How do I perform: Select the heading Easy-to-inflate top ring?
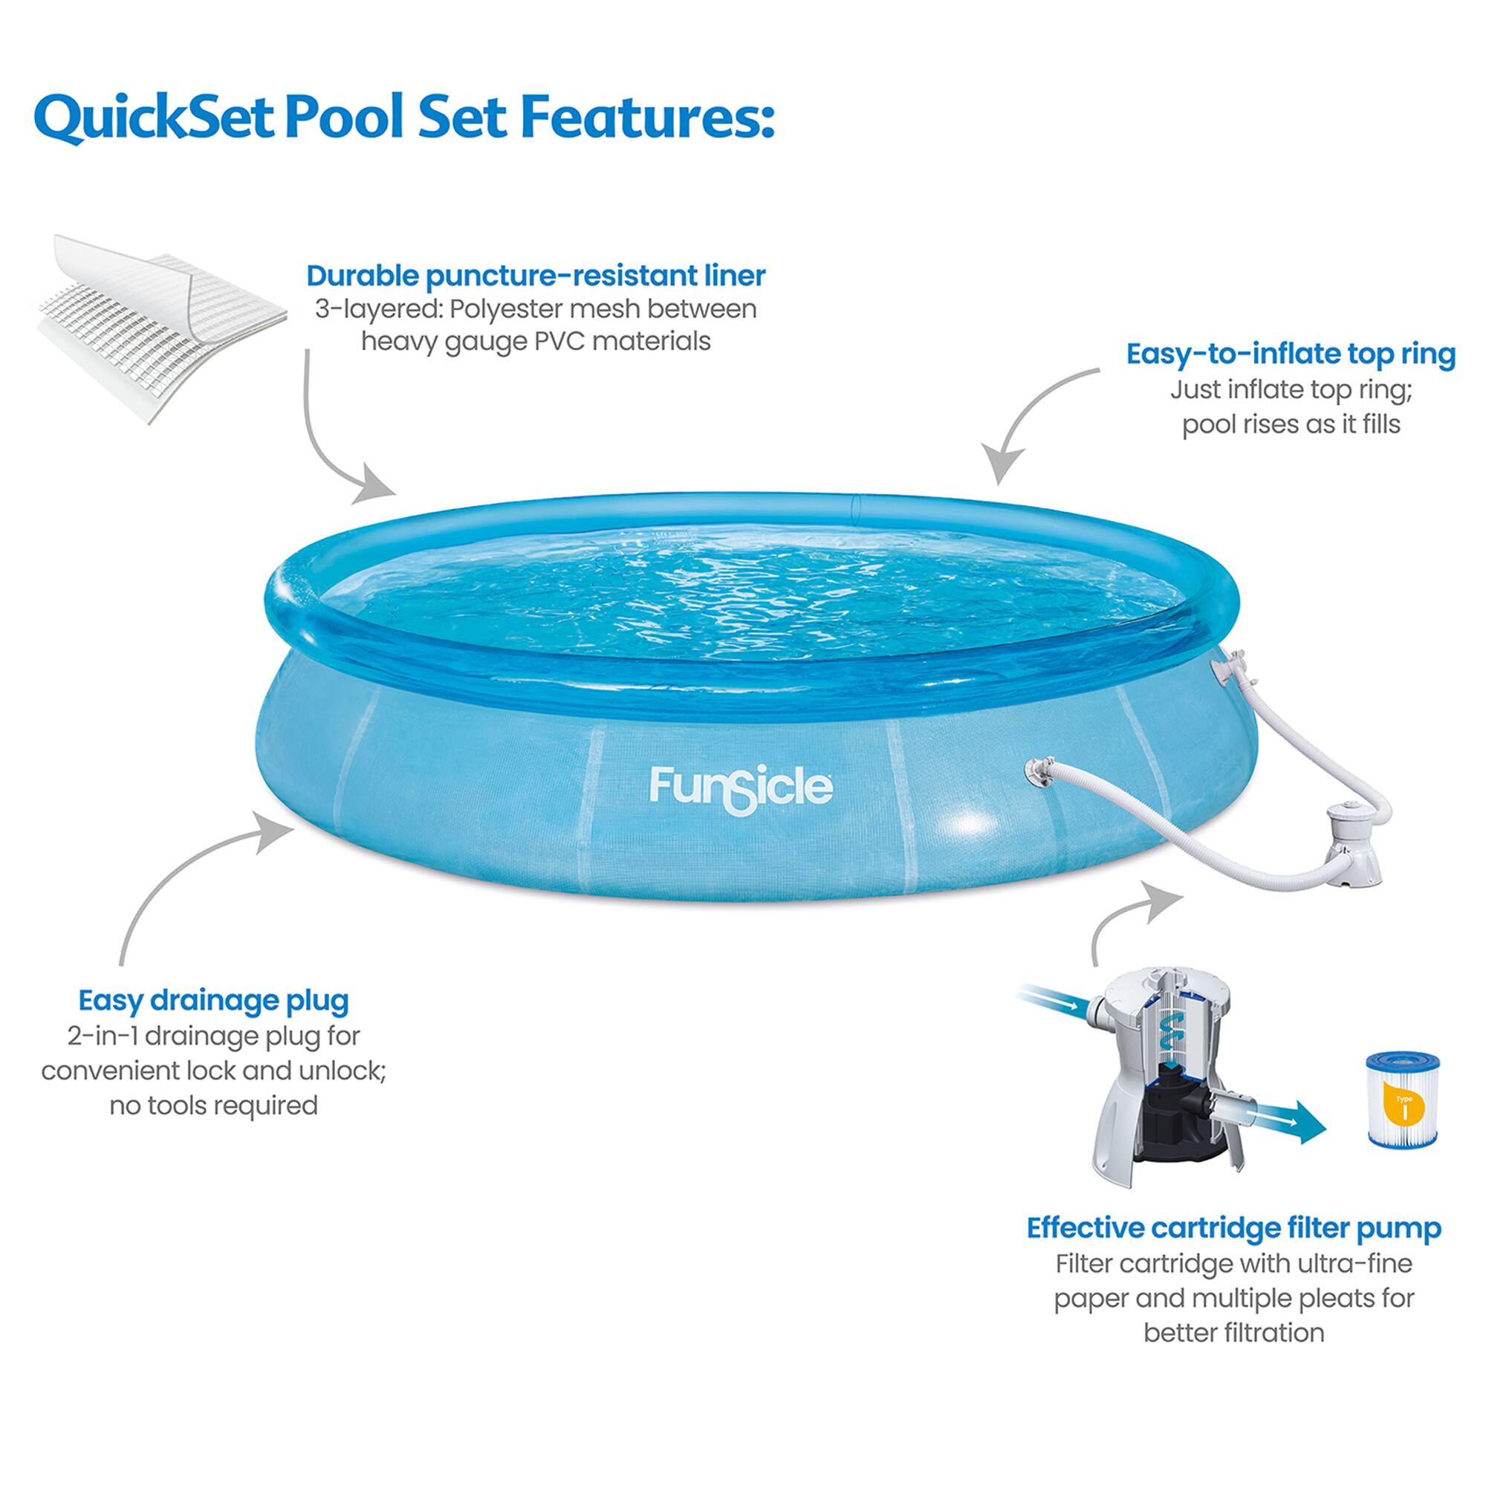(x=1291, y=354)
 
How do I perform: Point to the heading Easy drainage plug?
(x=214, y=1000)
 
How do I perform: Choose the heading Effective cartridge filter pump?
(x=1233, y=1228)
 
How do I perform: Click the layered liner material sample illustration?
(x=160, y=327)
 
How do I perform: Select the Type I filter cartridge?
(x=1402, y=1100)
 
